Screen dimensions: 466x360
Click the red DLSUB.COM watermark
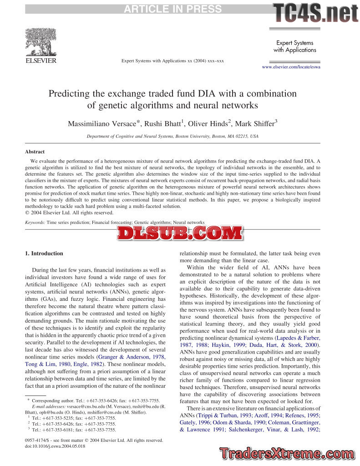tap(179, 233)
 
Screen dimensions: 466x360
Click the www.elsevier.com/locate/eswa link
tap(291, 67)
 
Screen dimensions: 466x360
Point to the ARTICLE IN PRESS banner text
tap(173, 9)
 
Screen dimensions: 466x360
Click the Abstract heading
tap(35, 152)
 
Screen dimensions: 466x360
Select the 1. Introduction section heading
tap(44, 253)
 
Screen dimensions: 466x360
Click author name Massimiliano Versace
tap(102, 124)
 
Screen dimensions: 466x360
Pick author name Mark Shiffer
tap(257, 124)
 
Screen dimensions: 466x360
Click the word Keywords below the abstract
tap(35, 223)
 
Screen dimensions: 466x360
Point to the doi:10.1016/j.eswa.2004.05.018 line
tap(55, 446)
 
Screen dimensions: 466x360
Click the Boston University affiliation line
tap(172, 136)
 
